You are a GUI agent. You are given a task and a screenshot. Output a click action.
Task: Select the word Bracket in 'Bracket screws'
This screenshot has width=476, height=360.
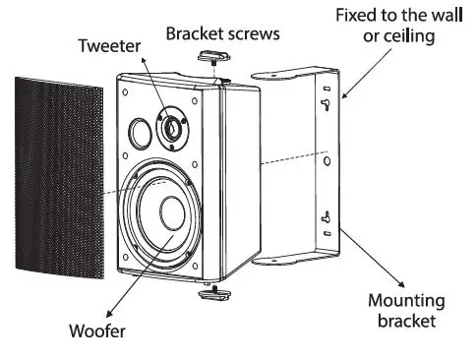(x=193, y=33)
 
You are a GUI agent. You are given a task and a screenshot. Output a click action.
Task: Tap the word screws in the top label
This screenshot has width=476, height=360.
(x=253, y=33)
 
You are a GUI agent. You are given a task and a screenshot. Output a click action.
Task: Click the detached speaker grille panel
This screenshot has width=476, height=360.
(x=59, y=172)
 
